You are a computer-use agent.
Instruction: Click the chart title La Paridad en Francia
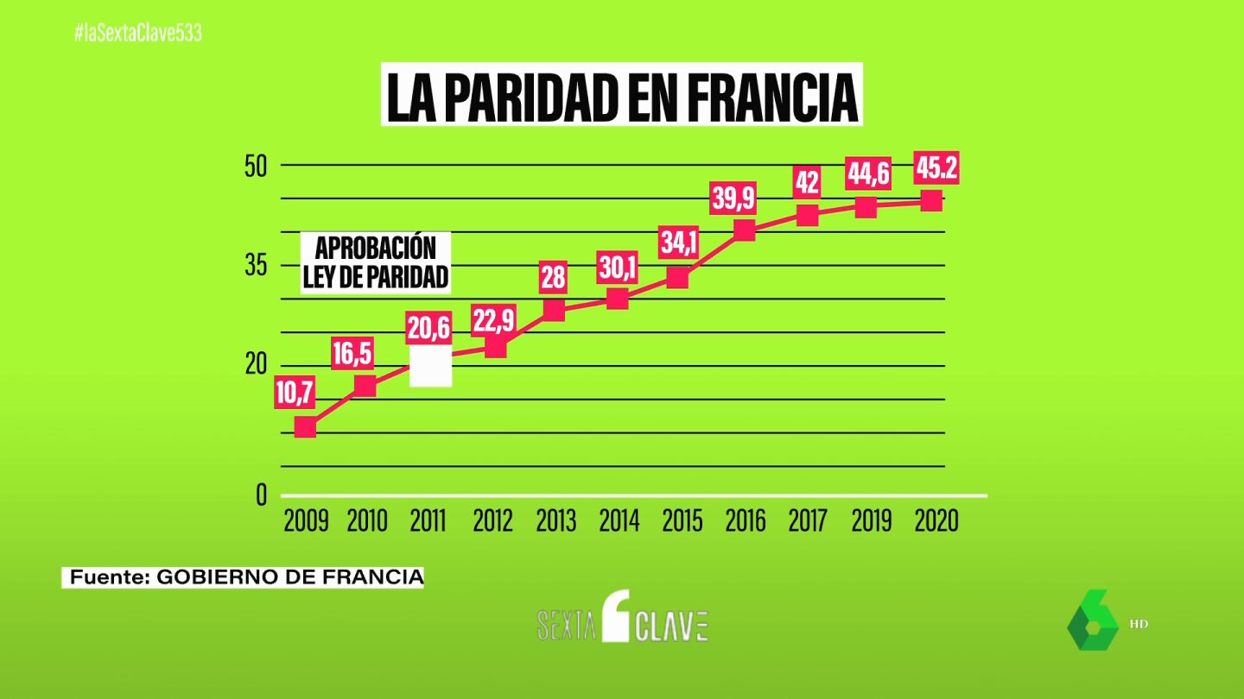[622, 97]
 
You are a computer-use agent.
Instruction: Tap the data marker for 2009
[305, 426]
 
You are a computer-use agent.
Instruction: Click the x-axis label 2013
[555, 521]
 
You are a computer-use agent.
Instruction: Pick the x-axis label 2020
[936, 521]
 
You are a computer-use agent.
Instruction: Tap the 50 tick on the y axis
[257, 166]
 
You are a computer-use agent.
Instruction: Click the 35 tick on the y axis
[257, 266]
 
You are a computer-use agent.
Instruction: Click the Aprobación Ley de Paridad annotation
[376, 261]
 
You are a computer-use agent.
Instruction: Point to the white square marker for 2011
[430, 366]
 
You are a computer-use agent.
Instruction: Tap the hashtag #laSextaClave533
[138, 34]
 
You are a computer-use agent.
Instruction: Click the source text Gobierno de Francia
[245, 577]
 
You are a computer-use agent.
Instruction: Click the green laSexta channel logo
[1093, 620]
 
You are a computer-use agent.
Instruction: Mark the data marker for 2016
[744, 230]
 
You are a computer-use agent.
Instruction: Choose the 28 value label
[553, 276]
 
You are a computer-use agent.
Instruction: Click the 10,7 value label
[295, 395]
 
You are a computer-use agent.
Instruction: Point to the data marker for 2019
[866, 206]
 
